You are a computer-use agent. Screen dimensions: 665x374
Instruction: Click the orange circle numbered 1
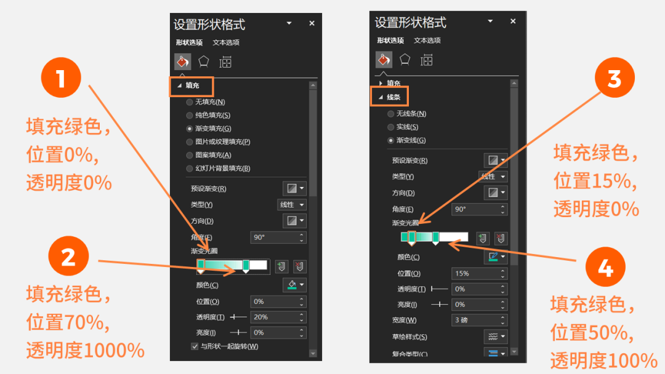[x=61, y=78]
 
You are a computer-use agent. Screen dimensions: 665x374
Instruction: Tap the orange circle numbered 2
[x=68, y=257]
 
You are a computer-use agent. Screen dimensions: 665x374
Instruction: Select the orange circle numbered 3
[x=615, y=78]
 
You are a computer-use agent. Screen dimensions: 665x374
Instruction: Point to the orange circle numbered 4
[x=605, y=267]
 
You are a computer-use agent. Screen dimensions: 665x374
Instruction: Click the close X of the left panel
[x=312, y=23]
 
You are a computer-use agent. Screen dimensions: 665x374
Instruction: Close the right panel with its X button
[x=513, y=21]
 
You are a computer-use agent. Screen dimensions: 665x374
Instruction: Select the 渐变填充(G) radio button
[x=190, y=129]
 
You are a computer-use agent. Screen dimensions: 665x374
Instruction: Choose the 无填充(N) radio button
[x=190, y=102]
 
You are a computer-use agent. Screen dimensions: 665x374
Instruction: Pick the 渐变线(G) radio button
[x=390, y=141]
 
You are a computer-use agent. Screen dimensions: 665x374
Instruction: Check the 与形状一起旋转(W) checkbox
[x=195, y=346]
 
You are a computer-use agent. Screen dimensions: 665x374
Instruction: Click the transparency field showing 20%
[x=278, y=317]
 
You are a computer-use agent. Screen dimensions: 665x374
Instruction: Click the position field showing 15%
[x=479, y=274]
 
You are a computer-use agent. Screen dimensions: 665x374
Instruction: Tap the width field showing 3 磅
[x=479, y=320]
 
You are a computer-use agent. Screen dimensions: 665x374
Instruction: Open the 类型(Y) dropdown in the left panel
[x=292, y=205]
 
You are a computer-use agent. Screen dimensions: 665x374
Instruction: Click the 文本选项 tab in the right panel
[x=427, y=41]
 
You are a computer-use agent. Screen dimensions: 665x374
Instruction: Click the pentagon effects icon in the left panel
[x=204, y=62]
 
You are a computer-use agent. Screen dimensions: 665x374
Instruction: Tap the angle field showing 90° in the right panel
[x=479, y=209]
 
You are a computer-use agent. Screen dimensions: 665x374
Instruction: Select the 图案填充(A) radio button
[x=190, y=156]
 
